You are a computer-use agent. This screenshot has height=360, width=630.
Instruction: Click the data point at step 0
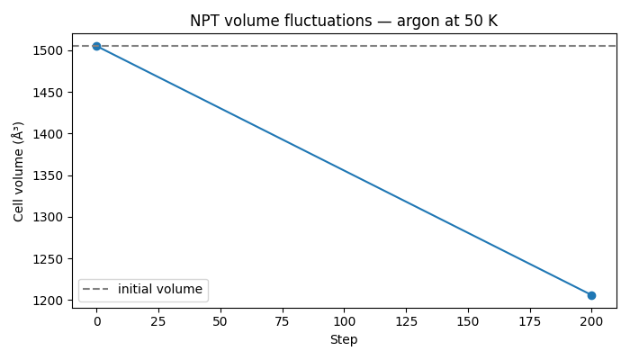coord(96,46)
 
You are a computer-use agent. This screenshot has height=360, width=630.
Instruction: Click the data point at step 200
coord(591,295)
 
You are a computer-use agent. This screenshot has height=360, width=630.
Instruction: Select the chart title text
coord(344,21)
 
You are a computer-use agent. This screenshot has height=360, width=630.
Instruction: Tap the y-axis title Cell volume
coord(18,171)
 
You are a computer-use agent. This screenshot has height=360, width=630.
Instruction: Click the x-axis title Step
coord(344,339)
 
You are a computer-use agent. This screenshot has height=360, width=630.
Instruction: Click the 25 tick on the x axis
coord(158,321)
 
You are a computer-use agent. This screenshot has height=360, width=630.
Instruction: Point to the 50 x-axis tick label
coord(220,321)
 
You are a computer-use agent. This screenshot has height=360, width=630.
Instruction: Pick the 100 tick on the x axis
coord(344,321)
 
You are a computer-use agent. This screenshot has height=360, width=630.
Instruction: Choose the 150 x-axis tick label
coord(468,321)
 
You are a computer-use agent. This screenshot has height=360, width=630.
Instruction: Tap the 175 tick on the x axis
coord(529,321)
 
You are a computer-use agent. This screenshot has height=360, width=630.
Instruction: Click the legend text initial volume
coord(160,290)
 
